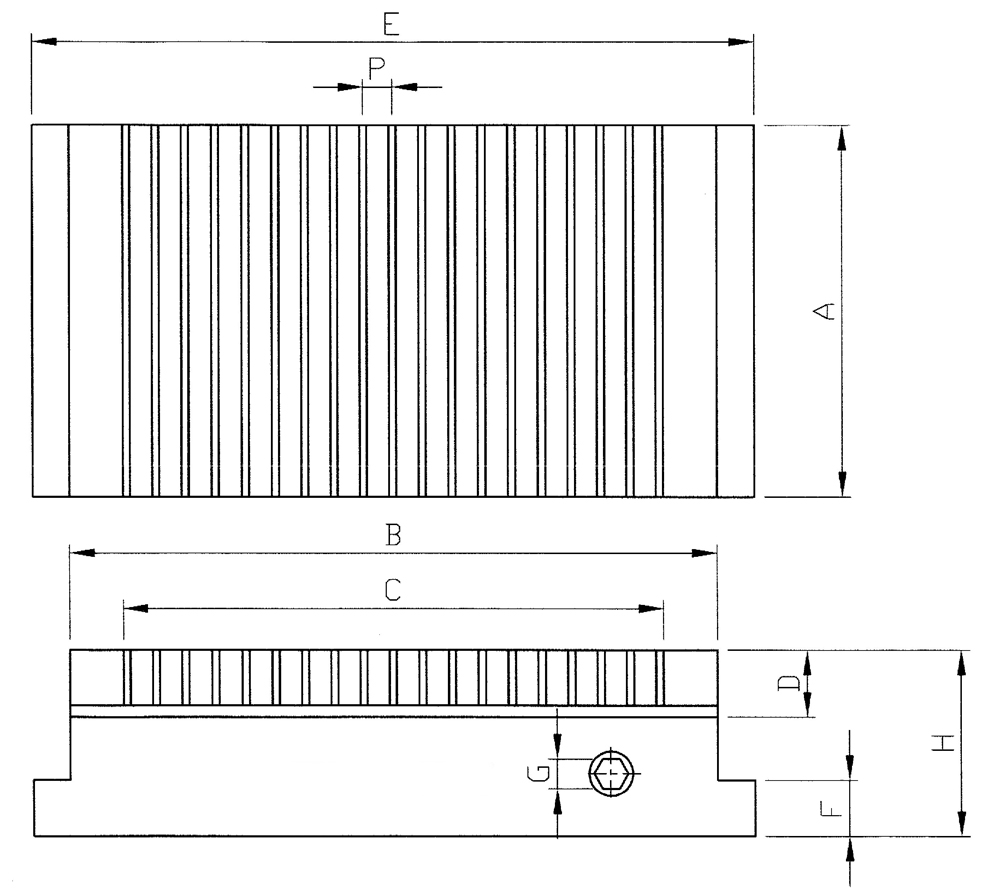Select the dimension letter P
(376, 68)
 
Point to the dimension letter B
(394, 535)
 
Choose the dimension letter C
(393, 590)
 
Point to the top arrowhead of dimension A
(842, 137)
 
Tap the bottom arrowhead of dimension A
(842, 485)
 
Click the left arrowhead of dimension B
(81, 552)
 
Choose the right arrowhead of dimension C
(652, 608)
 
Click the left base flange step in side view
(52, 780)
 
